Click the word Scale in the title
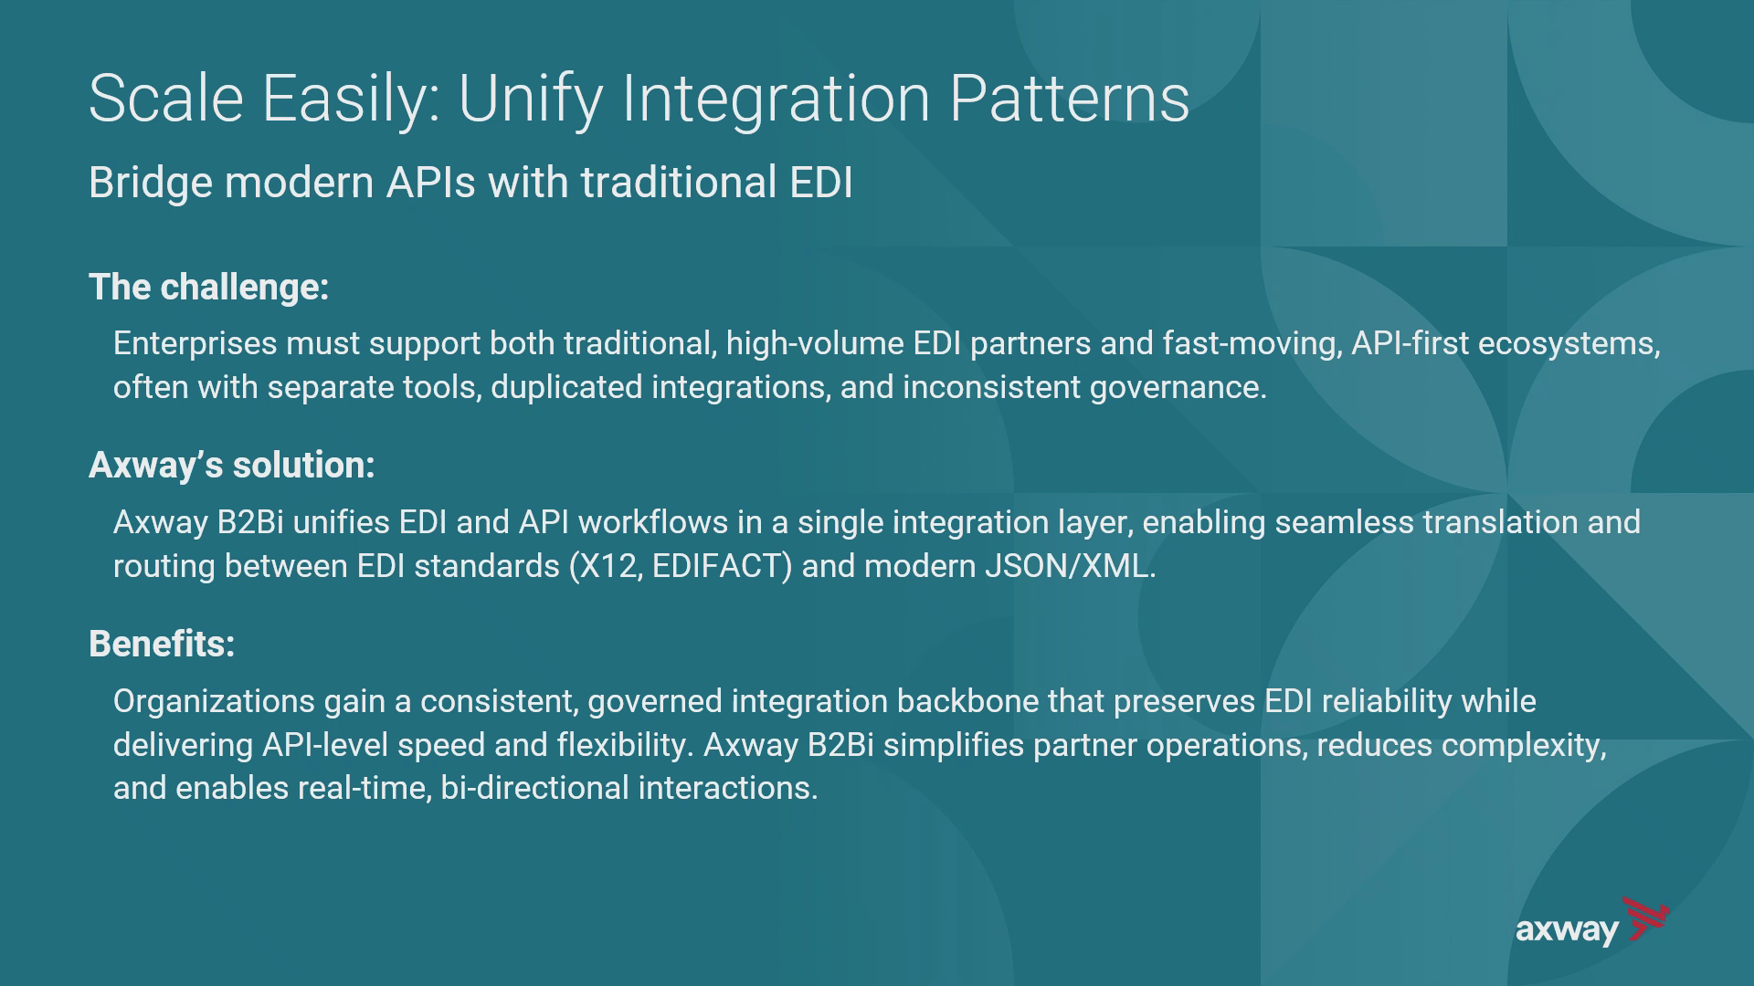coord(166,99)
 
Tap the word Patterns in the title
coord(1070,99)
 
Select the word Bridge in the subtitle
coord(151,184)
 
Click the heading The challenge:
coord(209,288)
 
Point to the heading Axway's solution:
coord(232,466)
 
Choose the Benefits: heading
coord(162,645)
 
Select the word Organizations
coord(214,702)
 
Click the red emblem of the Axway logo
coord(1644,918)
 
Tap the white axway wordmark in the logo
coord(1567,931)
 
